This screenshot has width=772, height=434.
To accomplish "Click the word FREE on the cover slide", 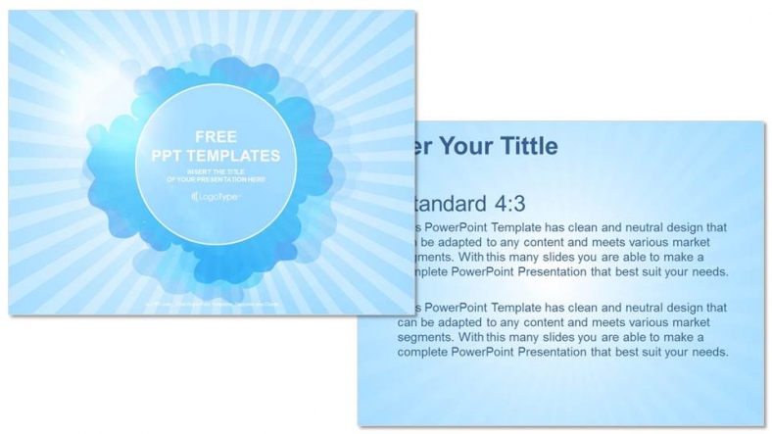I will (211, 138).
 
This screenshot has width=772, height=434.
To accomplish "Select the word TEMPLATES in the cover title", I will (237, 157).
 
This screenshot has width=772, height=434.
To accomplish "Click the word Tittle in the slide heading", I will (524, 147).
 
